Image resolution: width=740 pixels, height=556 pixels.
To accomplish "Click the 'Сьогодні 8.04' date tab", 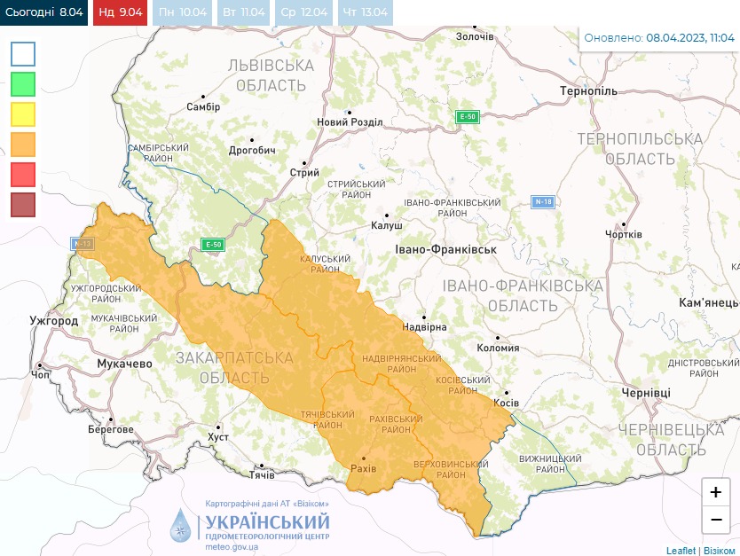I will click(43, 12).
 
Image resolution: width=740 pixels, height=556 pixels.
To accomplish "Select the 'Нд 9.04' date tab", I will click(120, 12).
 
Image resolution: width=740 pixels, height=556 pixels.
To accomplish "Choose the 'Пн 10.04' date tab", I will click(181, 12).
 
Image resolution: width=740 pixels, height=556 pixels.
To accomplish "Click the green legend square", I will click(23, 84).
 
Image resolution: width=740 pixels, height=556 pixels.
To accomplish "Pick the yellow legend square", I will click(23, 114).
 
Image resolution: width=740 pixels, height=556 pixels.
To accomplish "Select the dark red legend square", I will click(23, 205).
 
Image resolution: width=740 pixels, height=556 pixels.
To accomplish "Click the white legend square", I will click(23, 54).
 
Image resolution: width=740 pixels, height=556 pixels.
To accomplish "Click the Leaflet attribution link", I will click(681, 550).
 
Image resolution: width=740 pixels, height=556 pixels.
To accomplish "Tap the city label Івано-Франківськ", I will click(445, 250).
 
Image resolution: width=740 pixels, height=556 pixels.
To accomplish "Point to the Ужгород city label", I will click(53, 320).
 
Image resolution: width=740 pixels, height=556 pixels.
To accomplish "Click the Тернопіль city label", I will click(588, 91).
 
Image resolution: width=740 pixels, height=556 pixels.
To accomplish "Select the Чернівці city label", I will click(645, 392).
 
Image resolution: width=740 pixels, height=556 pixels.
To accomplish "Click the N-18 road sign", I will click(543, 201).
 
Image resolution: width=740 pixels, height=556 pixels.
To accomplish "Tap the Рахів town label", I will click(364, 467).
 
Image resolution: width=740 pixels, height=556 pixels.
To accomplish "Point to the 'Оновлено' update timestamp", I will click(659, 38).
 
